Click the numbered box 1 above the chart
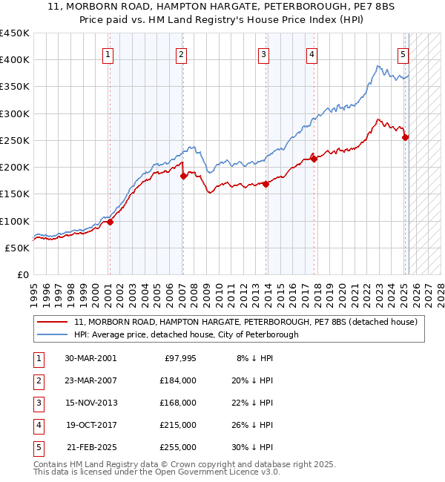click(108, 53)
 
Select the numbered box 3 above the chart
click(263, 53)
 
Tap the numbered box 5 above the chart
click(403, 53)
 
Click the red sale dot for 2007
click(183, 176)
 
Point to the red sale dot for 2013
click(265, 185)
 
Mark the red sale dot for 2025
click(405, 137)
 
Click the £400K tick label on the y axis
click(15, 60)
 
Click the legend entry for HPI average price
click(186, 334)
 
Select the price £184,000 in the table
click(178, 380)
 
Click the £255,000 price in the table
click(178, 447)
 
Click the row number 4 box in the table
click(37, 425)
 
